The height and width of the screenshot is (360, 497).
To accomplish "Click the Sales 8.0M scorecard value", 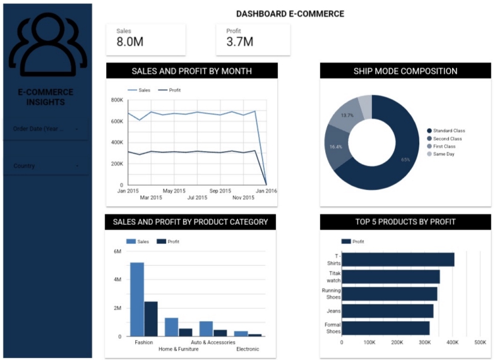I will pyautogui.click(x=129, y=42).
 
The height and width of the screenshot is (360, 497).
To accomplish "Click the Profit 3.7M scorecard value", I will pyautogui.click(x=239, y=42).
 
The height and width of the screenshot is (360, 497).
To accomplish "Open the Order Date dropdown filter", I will pyautogui.click(x=46, y=129).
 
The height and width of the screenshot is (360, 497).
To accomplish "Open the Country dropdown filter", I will pyautogui.click(x=46, y=166).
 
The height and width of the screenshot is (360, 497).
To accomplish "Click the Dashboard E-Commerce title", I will pyautogui.click(x=290, y=13).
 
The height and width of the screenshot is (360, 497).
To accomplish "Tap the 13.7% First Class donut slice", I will pyautogui.click(x=348, y=115).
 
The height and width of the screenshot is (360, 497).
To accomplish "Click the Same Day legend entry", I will pyautogui.click(x=443, y=154).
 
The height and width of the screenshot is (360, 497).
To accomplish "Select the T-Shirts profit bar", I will pyautogui.click(x=398, y=260).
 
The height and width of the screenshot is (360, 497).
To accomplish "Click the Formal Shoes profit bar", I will pyautogui.click(x=385, y=328).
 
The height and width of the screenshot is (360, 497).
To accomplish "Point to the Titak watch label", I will pyautogui.click(x=333, y=277).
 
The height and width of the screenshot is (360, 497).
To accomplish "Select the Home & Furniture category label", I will pyautogui.click(x=179, y=349).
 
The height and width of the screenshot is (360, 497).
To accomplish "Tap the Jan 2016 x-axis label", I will pyautogui.click(x=266, y=191).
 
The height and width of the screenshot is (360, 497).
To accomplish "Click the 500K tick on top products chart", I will pyautogui.click(x=480, y=342).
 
